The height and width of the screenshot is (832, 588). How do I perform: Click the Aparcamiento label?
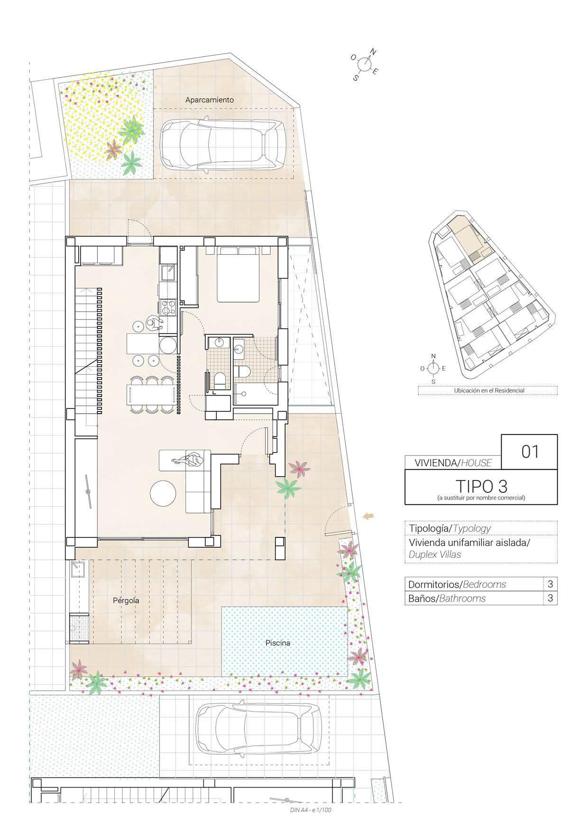point(209,100)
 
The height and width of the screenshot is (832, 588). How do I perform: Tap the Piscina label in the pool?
point(277,643)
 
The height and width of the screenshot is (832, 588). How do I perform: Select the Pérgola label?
point(126,601)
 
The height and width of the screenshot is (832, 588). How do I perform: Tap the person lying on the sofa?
point(189,460)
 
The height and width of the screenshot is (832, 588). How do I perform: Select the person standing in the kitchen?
point(153,324)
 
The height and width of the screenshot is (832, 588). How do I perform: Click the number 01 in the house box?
point(530,452)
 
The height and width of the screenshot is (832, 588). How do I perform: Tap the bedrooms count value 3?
point(550,584)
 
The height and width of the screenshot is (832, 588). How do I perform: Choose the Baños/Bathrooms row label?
point(447,598)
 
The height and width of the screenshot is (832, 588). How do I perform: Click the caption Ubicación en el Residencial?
point(489,390)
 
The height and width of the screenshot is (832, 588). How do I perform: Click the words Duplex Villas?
point(434,554)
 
